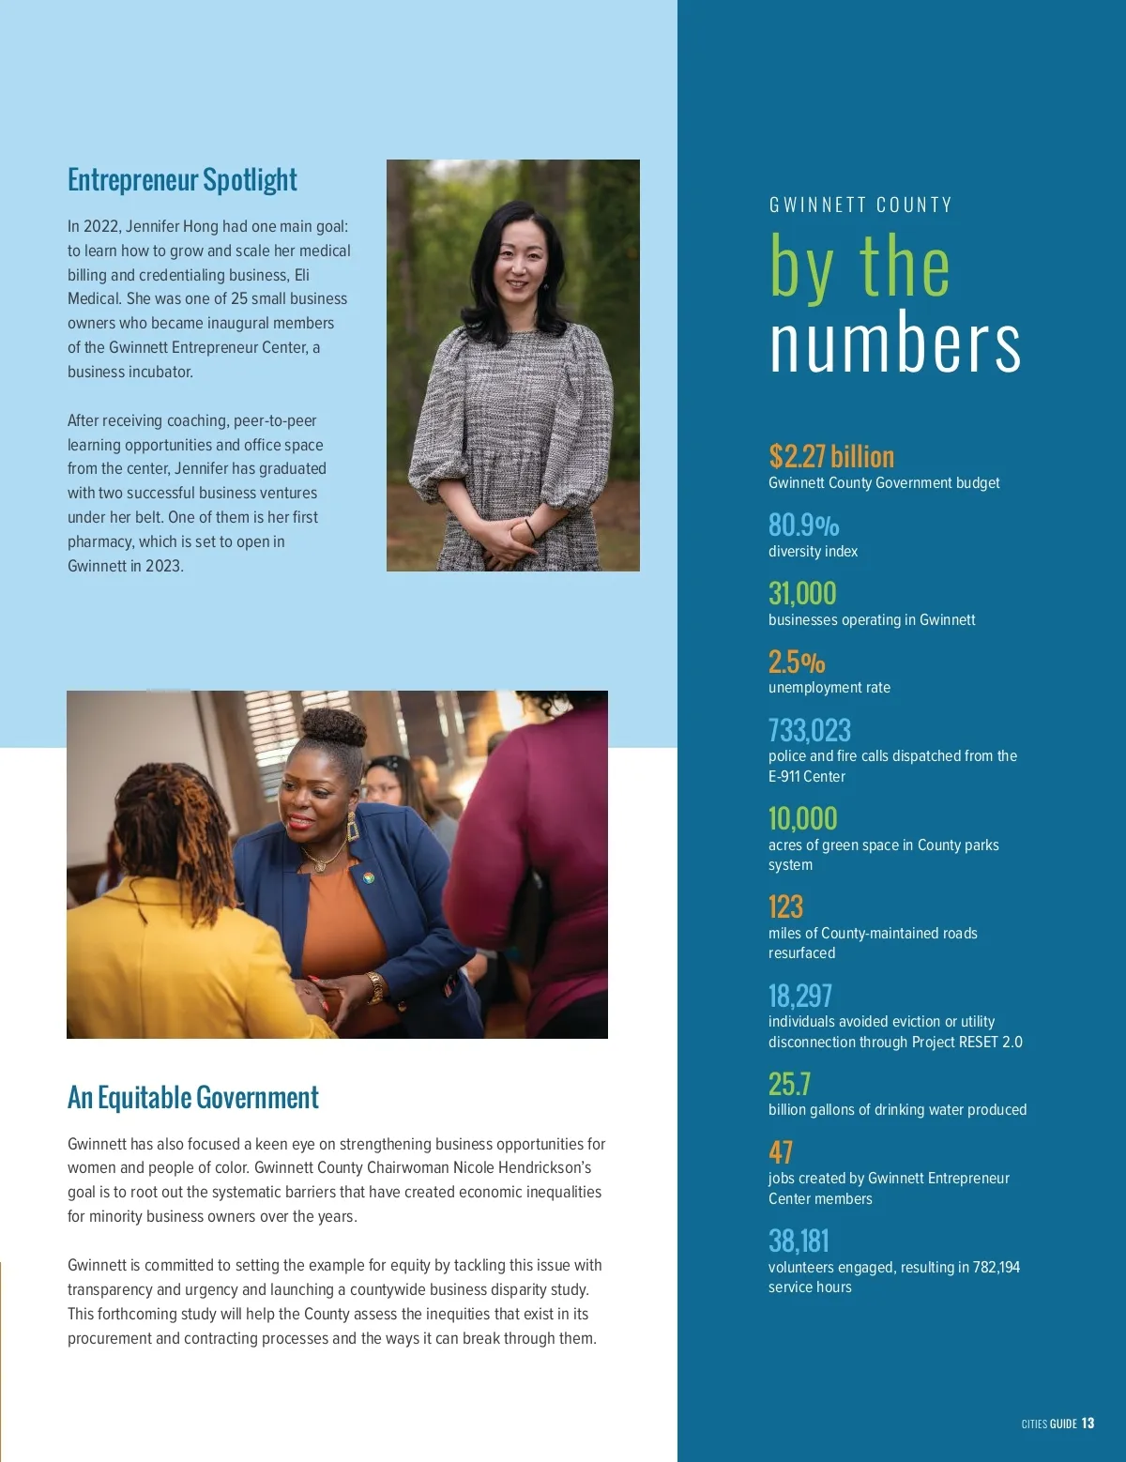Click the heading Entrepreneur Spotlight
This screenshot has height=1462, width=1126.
pos(182,179)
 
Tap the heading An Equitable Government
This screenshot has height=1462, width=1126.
pos(192,1097)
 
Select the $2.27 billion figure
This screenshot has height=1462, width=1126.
pos(831,456)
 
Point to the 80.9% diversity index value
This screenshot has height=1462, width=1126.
pos(803,525)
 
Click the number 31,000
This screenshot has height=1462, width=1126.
pos(802,593)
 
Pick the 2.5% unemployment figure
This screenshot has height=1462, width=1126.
pos(797,662)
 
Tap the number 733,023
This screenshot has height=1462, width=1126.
pos(809,730)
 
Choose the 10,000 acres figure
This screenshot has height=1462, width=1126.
pos(802,818)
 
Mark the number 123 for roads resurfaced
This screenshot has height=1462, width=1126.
pos(785,906)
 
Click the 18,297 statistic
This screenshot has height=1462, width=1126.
pos(799,995)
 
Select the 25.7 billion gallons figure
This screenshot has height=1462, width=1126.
pos(789,1084)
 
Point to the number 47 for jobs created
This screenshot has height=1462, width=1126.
pos(781,1151)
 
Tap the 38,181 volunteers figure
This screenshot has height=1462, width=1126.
pos(799,1241)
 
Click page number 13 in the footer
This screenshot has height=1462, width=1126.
pos(1088,1423)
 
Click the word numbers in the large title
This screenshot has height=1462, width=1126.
pos(894,343)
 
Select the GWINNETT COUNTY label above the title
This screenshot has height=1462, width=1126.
pos(860,206)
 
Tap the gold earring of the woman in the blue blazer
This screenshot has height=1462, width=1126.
pos(353,827)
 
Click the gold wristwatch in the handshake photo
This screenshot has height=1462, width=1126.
pos(375,987)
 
